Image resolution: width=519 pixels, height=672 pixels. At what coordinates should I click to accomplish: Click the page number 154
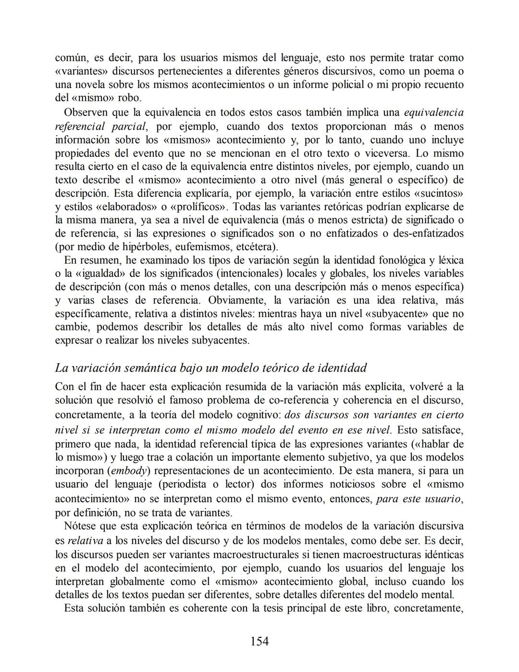point(259,641)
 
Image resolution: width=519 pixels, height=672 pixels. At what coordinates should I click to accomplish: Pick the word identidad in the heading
point(342,368)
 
